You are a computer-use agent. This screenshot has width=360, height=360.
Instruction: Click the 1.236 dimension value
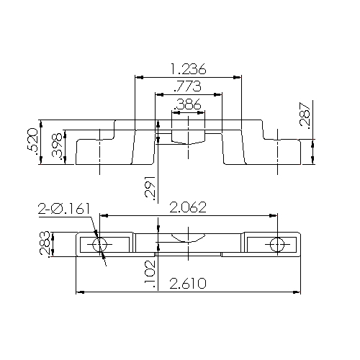coord(189,69)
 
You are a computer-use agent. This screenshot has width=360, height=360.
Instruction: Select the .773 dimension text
coord(188,87)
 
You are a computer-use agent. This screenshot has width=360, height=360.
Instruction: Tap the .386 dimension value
coord(188,105)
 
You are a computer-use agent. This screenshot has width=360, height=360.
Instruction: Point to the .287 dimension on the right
coord(305,116)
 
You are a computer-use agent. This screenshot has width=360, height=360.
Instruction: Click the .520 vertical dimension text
coord(32,140)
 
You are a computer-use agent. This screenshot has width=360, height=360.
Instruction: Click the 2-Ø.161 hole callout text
coord(65,209)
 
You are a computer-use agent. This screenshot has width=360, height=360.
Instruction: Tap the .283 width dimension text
coord(45,244)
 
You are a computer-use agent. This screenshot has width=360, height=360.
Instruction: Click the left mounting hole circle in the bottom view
coord(100,244)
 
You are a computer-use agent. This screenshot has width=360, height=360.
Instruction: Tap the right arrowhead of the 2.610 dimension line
coord(297,292)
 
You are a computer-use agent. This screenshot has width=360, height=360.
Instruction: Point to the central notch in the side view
coord(189,136)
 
